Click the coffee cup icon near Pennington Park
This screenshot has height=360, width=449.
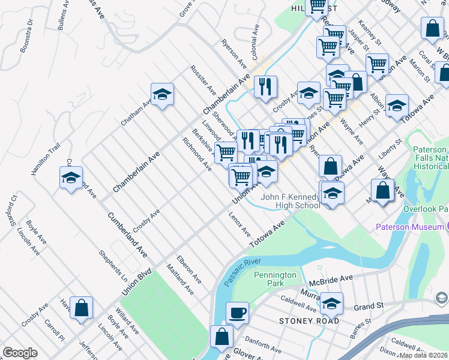(237, 313)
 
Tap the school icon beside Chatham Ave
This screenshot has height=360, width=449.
(162, 95)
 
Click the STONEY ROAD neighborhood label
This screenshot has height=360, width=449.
(309, 321)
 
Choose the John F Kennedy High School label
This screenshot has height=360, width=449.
(290, 202)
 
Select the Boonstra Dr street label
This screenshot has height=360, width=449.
(26, 36)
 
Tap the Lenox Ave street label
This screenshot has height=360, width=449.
(239, 224)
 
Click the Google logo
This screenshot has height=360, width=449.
(20, 353)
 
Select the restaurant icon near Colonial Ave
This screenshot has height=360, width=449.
(265, 86)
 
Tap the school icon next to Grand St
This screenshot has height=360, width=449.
(331, 304)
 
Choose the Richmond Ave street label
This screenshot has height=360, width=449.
(196, 153)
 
